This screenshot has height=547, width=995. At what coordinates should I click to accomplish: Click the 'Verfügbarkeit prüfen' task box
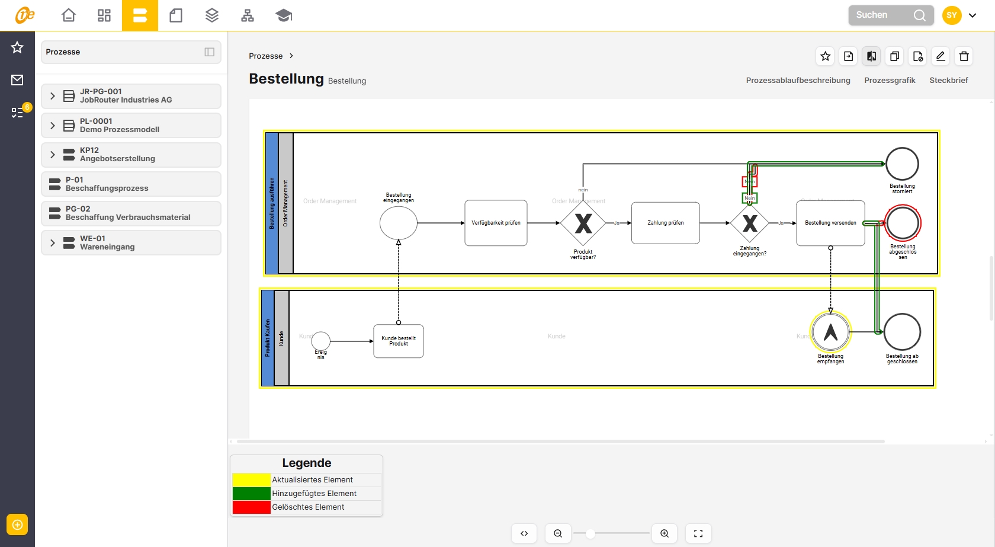[x=496, y=223]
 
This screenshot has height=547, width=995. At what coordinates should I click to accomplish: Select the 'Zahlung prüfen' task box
[x=665, y=223]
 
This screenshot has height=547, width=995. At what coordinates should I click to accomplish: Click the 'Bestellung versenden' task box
[x=830, y=223]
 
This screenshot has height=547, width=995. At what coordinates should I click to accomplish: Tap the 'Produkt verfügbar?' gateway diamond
[x=583, y=223]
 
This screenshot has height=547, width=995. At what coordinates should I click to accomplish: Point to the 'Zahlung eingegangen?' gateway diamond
[x=750, y=223]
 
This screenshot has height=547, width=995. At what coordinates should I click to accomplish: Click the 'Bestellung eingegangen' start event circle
[x=399, y=223]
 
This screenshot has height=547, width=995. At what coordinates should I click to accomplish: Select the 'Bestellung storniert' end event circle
[x=902, y=164]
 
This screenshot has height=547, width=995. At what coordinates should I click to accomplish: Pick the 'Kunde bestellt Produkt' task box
[x=399, y=341]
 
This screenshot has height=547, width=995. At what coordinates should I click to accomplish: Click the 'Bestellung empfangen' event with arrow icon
[x=831, y=332]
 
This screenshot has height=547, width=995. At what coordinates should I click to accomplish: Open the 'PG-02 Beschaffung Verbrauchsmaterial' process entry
[x=131, y=213]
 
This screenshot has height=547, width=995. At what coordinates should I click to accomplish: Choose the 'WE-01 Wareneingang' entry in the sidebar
[x=131, y=243]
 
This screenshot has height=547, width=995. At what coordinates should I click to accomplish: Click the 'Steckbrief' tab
[x=948, y=81]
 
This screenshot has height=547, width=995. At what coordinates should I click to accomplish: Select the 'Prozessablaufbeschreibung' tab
[x=798, y=81]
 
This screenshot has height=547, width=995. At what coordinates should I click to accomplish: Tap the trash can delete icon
[x=964, y=56]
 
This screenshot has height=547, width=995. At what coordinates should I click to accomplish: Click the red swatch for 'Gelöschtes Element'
[x=251, y=507]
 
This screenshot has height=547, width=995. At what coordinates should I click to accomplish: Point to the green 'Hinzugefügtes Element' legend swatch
[x=251, y=494]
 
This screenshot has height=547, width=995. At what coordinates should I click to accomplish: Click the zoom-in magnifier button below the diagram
[x=665, y=533]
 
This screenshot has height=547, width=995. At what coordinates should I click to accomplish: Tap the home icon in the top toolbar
[x=69, y=15]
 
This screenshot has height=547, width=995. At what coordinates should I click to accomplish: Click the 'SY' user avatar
[x=952, y=15]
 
